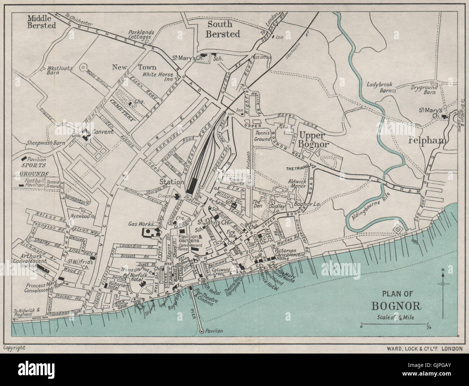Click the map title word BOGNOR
[396, 306]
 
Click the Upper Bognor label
[313, 140]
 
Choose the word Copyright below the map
[14, 348]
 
